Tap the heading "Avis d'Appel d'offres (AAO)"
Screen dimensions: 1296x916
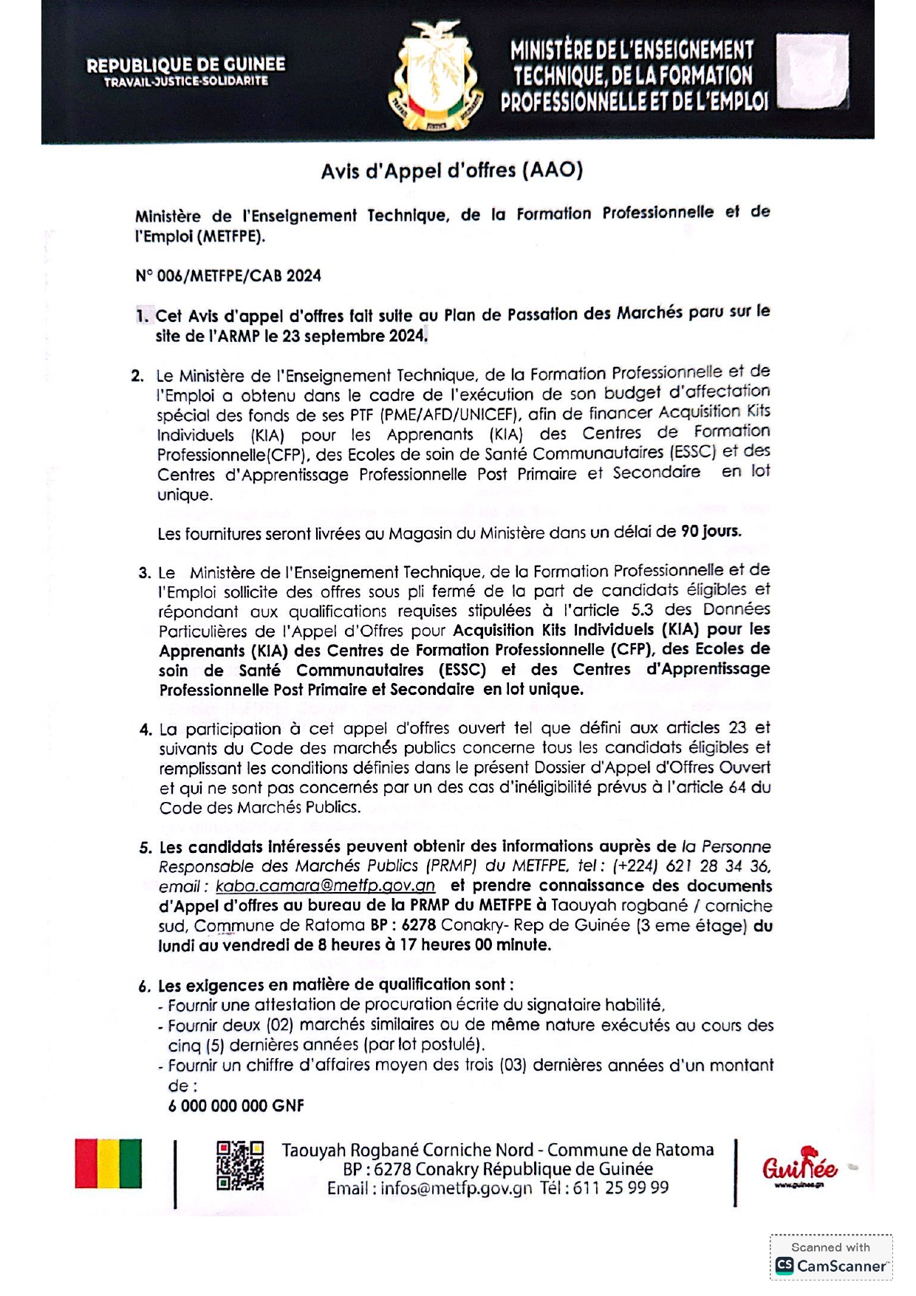(451, 171)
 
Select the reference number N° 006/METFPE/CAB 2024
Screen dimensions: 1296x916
(228, 276)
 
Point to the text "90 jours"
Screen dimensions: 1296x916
(711, 531)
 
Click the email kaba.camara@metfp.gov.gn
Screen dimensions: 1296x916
(325, 886)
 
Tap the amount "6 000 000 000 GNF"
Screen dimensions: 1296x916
(236, 1105)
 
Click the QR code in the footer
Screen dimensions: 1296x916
(240, 1166)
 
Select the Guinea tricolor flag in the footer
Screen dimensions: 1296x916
(108, 1163)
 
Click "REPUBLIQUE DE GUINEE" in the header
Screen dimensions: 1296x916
(185, 65)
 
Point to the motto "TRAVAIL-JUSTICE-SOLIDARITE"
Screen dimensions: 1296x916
(185, 82)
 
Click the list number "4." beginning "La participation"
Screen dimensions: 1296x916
(146, 730)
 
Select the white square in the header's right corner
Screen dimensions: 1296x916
(813, 72)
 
